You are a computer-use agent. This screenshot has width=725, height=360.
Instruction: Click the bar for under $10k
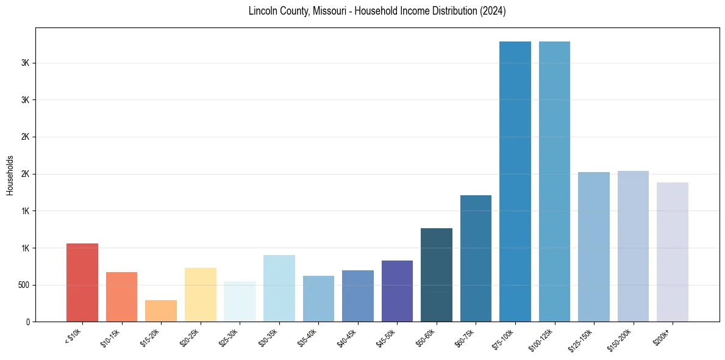tap(82, 283)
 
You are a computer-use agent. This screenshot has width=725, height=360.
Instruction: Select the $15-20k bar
tap(161, 311)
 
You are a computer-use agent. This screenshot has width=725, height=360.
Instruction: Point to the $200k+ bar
tap(672, 252)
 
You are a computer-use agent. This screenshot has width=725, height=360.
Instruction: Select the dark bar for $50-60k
tap(436, 275)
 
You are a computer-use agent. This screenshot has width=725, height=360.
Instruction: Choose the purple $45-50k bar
tap(397, 291)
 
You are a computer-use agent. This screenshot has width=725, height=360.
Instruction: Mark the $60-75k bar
tap(476, 258)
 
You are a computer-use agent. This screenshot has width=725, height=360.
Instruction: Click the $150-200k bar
tap(633, 246)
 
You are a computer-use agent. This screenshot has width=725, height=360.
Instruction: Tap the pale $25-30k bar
tap(240, 301)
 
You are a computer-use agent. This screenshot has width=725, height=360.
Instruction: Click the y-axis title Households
tap(10, 175)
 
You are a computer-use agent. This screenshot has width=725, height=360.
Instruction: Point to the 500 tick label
tap(24, 285)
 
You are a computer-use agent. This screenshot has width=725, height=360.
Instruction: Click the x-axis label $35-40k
tap(308, 338)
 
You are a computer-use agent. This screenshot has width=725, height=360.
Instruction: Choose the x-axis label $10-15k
tap(111, 338)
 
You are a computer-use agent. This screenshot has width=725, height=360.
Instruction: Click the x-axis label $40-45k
tap(347, 338)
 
